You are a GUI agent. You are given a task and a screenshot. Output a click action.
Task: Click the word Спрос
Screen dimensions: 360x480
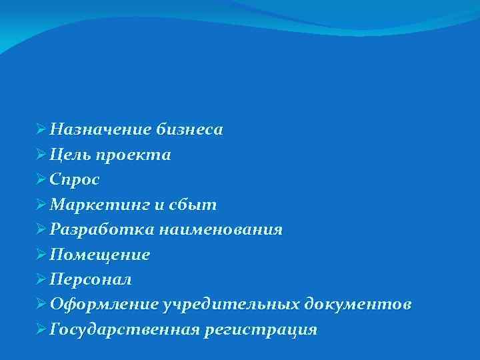coord(75,180)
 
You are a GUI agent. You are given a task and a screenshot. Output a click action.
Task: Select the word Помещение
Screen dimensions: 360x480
coord(100,255)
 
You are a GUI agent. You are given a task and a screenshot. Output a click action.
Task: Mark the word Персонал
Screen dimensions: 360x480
coord(91,279)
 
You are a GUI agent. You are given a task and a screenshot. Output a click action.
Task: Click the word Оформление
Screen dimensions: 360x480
coord(104,305)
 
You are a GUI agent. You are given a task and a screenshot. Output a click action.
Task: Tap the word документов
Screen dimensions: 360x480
coord(358,305)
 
